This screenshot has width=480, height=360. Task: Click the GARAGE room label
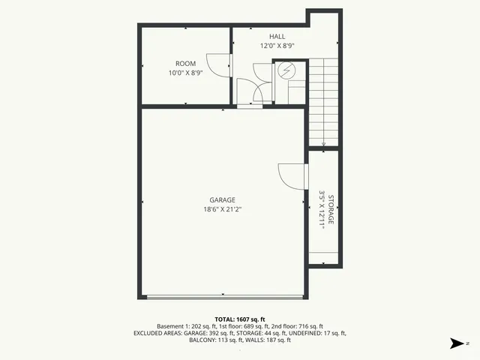(x=222, y=199)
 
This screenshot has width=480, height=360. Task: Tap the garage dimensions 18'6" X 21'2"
(x=222, y=209)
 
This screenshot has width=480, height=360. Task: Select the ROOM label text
(x=185, y=63)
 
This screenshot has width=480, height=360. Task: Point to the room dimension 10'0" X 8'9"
(x=185, y=73)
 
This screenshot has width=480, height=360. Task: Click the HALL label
(x=277, y=36)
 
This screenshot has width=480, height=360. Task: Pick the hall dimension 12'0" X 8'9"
(x=277, y=46)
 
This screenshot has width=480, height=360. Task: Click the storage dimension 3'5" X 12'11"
(x=322, y=209)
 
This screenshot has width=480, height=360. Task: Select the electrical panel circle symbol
(x=286, y=70)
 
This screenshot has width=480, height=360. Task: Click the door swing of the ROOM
(x=217, y=66)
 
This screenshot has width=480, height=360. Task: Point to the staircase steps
(x=323, y=97)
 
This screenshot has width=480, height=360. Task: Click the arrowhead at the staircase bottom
(x=323, y=144)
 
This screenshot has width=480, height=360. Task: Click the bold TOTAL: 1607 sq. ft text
(x=239, y=319)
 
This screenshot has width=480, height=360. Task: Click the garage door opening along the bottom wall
(x=223, y=297)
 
